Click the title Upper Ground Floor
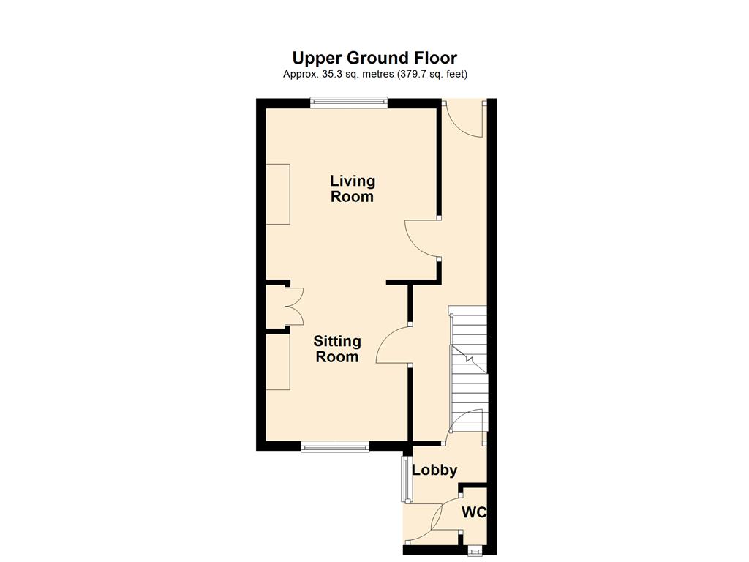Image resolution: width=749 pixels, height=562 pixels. click(x=374, y=59)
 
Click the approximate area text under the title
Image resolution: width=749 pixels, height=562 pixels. click(x=375, y=74)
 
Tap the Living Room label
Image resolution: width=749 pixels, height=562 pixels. click(x=353, y=188)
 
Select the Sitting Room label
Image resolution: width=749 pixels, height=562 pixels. click(x=337, y=349)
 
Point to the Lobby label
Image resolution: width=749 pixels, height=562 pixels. click(x=434, y=471)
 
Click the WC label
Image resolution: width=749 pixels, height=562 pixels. click(x=474, y=512)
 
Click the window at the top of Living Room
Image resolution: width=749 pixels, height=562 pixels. click(x=348, y=102)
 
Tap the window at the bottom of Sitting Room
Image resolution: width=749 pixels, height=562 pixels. click(x=335, y=447)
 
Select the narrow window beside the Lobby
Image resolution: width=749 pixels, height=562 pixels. click(x=406, y=479)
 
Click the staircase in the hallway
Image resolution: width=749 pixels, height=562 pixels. click(x=469, y=368)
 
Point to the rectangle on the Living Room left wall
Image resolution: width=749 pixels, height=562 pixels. click(x=278, y=194)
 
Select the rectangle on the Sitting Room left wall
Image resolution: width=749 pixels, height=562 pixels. click(x=278, y=361)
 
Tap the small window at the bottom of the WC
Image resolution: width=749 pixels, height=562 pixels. click(x=473, y=551)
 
